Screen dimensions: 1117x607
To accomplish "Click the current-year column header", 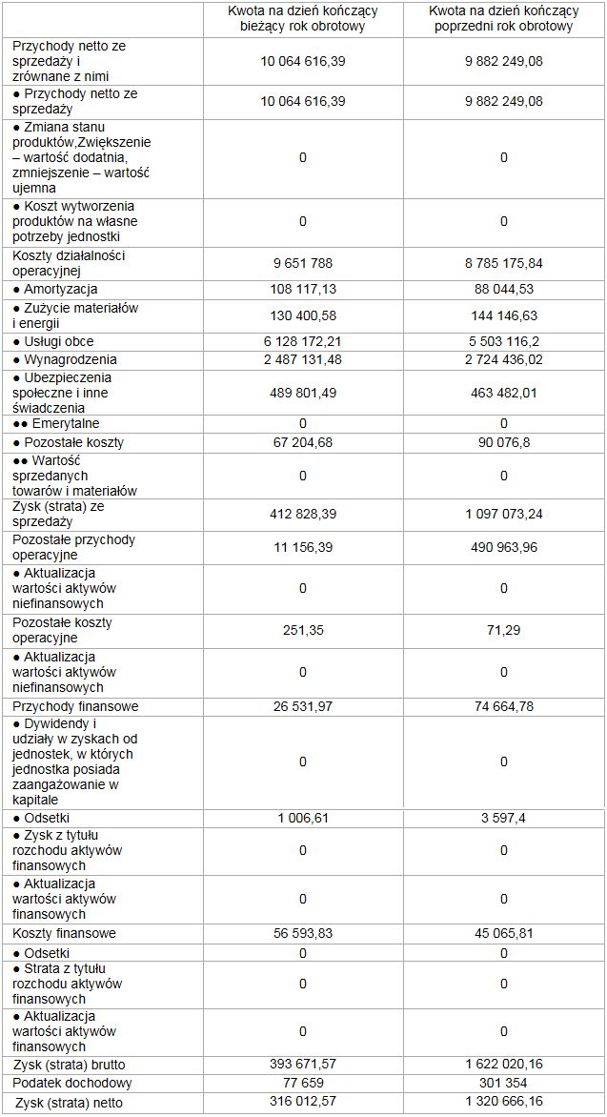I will coord(302,18).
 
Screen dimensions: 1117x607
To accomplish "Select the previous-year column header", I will coord(503,18).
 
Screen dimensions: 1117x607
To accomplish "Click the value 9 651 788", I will coord(302,263).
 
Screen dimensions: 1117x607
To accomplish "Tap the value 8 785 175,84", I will coord(503,263).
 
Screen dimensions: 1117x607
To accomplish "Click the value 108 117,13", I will coord(302,289).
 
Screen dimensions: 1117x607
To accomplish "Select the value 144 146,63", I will coord(503,315).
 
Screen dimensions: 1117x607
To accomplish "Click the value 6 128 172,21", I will coord(302,341).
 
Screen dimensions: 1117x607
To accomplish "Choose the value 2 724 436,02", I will coord(503,359).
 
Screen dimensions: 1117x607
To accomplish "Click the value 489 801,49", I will coord(302,392).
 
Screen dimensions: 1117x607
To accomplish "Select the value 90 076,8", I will coord(503,442).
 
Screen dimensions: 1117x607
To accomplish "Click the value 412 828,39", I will coord(302,514).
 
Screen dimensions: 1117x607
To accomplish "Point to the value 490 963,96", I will coord(503,547).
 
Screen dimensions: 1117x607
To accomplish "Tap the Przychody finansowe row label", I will coord(75,706).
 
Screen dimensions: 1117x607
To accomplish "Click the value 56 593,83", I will coord(302,933).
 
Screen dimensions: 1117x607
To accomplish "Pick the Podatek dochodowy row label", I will coord(71,1083).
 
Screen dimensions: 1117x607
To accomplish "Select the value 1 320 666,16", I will coord(503,1103).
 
